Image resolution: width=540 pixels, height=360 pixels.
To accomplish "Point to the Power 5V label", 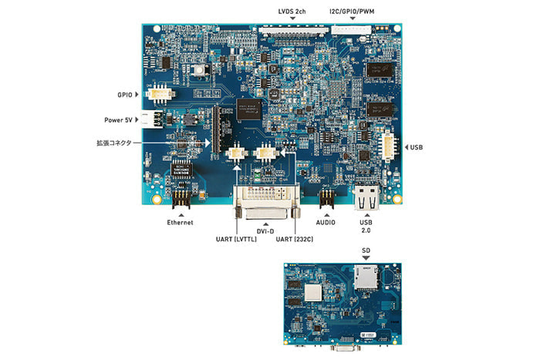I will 120,120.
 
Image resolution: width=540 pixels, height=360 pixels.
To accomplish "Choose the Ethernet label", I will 180,222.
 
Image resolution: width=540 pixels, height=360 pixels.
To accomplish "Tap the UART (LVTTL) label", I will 237,239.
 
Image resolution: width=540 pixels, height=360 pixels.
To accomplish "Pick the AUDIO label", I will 327,222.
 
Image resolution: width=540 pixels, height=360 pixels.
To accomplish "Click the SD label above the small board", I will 365,251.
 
